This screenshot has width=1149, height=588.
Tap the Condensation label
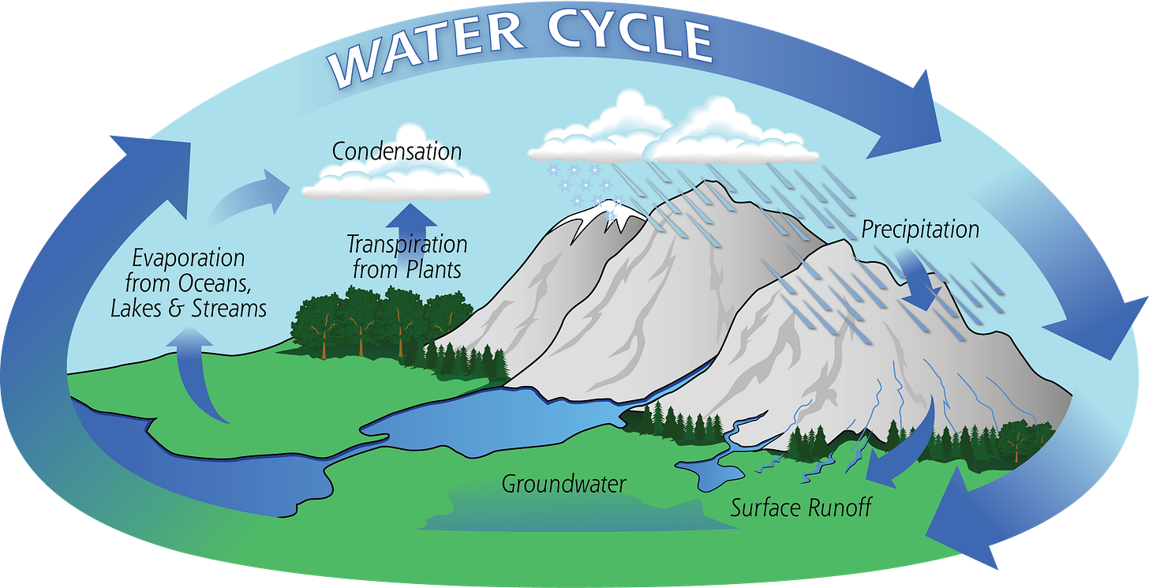[396, 151]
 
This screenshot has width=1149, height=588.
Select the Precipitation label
[919, 230]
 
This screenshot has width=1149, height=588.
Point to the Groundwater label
[563, 483]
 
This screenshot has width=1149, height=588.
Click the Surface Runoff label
[800, 507]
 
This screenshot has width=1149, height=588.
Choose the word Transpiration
[406, 245]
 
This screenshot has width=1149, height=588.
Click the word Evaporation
[189, 258]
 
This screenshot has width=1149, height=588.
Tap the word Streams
[229, 308]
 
